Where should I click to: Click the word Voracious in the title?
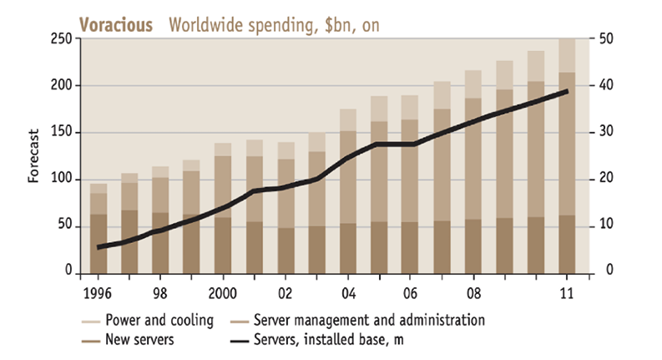[116, 25]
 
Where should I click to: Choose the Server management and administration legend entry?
[368, 320]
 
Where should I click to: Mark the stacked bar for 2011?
[567, 159]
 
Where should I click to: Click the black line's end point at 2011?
[568, 91]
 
